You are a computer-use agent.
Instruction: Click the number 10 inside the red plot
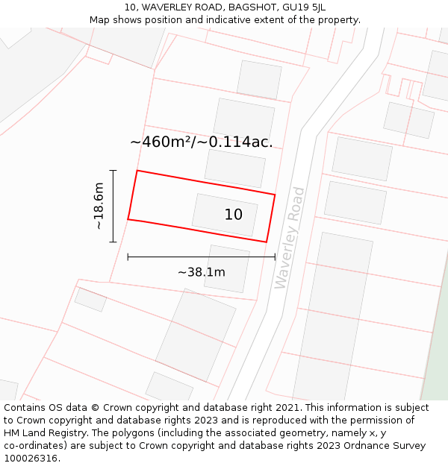tap(234, 215)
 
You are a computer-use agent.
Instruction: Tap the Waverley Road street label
tap(290, 238)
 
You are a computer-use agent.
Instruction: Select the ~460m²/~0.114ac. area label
tap(201, 142)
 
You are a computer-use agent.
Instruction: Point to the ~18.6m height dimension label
tap(99, 207)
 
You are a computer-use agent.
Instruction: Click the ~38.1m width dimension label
tap(201, 272)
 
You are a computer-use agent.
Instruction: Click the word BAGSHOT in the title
tap(251, 7)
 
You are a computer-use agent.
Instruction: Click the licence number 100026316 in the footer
tap(28, 459)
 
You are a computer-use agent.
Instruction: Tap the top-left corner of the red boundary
tap(137, 171)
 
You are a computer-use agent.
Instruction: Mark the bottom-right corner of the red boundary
tap(267, 242)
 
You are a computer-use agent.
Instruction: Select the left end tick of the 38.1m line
tap(128, 256)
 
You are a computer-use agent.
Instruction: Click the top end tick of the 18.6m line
tap(113, 171)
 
